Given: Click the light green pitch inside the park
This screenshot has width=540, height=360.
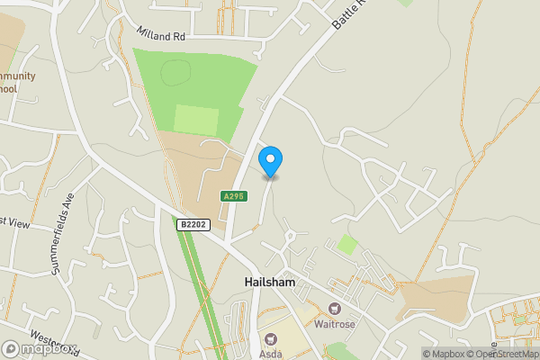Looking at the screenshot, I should pos(196,121).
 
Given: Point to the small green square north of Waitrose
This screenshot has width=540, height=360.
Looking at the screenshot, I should pos(346,244).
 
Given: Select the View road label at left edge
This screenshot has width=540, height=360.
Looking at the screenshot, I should pos(14,220).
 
